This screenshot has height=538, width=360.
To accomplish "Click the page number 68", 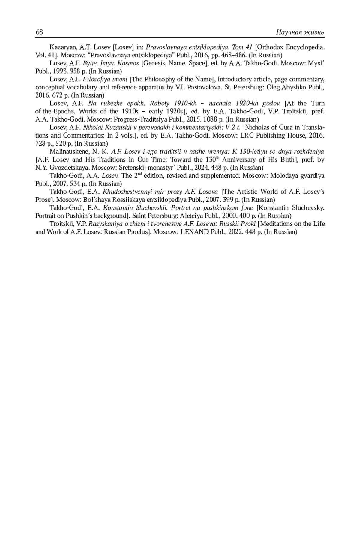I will point(39,32).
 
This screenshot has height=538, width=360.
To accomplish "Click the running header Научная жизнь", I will point(300,32).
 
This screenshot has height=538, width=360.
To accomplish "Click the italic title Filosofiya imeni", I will point(105,80).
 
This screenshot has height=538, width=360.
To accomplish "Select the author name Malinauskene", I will point(68,152).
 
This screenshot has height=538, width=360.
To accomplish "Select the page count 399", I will point(230,200).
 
